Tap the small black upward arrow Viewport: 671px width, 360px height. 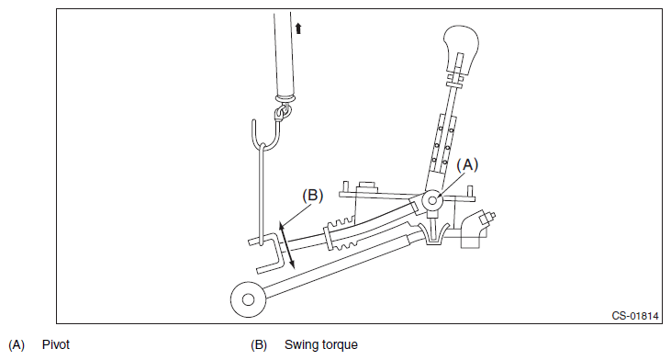298,28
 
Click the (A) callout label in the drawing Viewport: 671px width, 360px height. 467,164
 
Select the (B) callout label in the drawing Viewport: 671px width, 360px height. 312,196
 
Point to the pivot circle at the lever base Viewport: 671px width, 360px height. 432,200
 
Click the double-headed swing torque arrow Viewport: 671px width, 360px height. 286,245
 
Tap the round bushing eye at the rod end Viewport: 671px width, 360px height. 248,299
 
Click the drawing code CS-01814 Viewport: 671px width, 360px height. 634,316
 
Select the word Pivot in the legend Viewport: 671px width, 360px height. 56,344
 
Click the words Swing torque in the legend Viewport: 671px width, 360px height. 321,344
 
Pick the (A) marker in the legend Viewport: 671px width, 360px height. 17,345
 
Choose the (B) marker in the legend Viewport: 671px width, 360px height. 259,345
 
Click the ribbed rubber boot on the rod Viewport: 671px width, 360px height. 341,233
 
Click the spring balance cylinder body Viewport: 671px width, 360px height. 285,56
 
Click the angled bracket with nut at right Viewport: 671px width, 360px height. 477,229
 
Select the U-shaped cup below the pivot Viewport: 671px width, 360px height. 434,234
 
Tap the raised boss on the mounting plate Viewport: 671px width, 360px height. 367,186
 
